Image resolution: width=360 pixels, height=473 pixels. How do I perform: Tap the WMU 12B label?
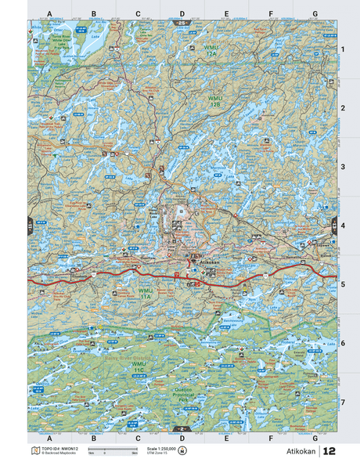coord(215,101)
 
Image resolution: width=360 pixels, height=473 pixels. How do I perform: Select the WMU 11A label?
coord(145,295)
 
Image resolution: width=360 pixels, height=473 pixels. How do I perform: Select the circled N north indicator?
coord(183,452)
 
